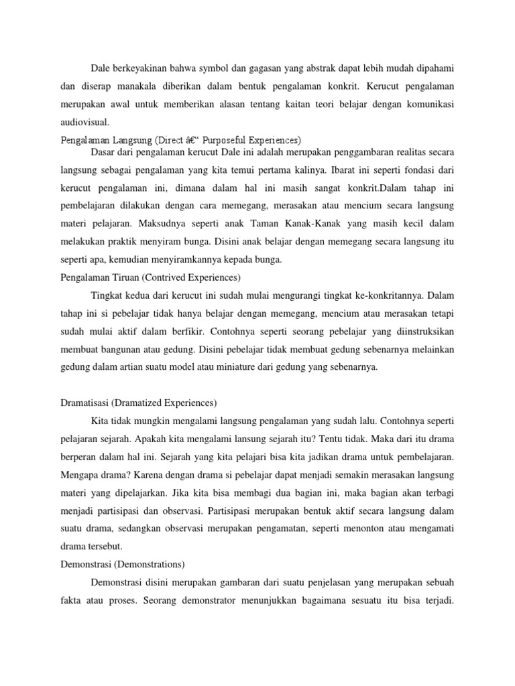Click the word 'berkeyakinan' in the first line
tap(143, 68)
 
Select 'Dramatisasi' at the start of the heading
tap(80, 403)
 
